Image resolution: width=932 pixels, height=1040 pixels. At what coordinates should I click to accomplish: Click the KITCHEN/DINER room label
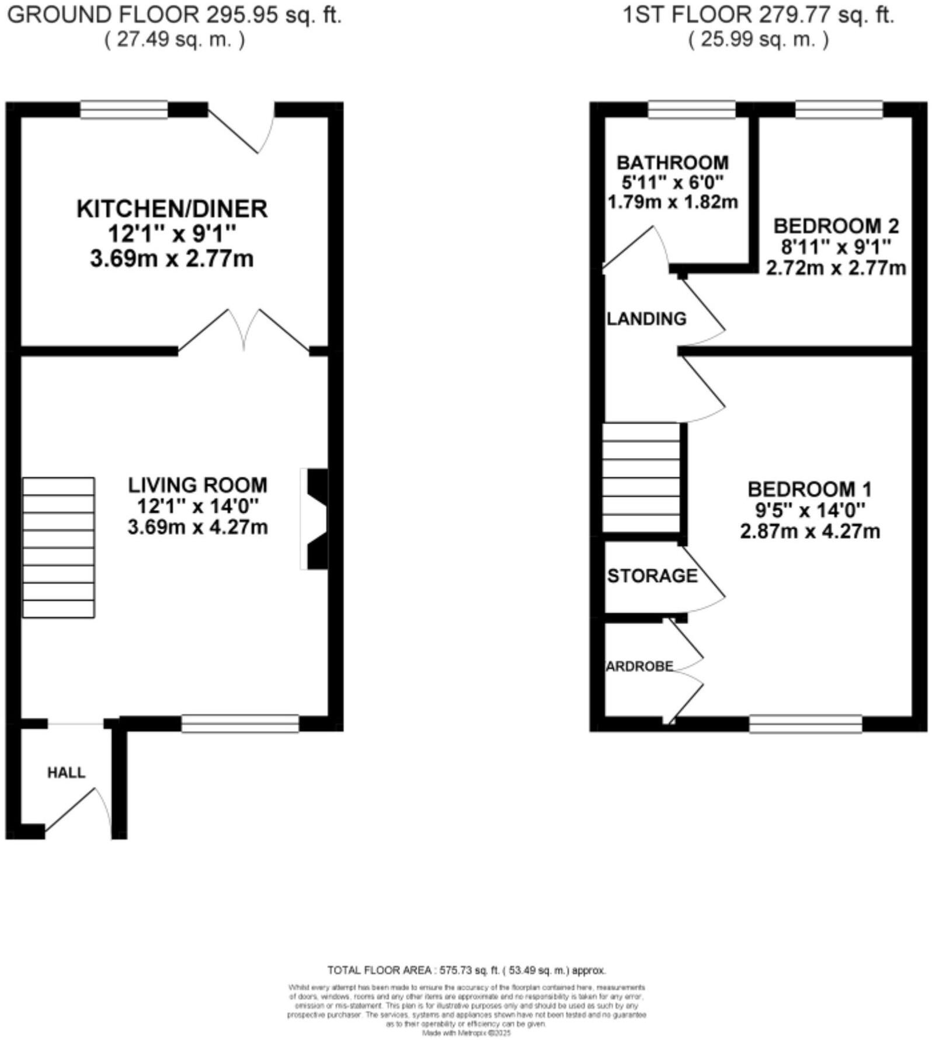click(172, 209)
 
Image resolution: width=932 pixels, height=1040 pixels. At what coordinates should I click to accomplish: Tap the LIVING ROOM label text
click(197, 485)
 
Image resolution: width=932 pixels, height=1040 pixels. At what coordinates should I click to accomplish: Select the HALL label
click(66, 773)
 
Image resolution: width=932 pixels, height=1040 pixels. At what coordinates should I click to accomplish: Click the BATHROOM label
click(672, 162)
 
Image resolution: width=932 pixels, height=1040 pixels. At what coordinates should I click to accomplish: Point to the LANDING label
click(646, 319)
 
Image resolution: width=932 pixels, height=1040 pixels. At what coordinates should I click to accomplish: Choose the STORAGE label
click(652, 576)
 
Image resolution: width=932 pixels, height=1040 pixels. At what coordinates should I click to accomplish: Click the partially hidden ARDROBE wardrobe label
click(639, 666)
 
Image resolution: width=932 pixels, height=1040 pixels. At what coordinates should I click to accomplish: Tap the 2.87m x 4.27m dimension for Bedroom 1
click(810, 532)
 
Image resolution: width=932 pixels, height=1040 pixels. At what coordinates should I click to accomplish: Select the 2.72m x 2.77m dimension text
click(836, 268)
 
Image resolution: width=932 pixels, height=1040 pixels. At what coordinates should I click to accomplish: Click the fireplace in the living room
click(315, 519)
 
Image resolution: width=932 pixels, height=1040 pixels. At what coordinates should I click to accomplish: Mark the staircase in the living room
click(58, 547)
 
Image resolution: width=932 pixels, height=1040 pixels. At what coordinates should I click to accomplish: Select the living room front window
click(240, 724)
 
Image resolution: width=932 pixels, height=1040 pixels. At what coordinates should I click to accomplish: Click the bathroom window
click(691, 110)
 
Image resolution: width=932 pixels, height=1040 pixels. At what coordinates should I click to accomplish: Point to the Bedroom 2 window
click(839, 110)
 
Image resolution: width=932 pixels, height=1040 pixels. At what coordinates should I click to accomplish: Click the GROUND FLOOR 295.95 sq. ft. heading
click(174, 15)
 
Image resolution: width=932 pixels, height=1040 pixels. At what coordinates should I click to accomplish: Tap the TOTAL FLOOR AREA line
click(466, 971)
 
